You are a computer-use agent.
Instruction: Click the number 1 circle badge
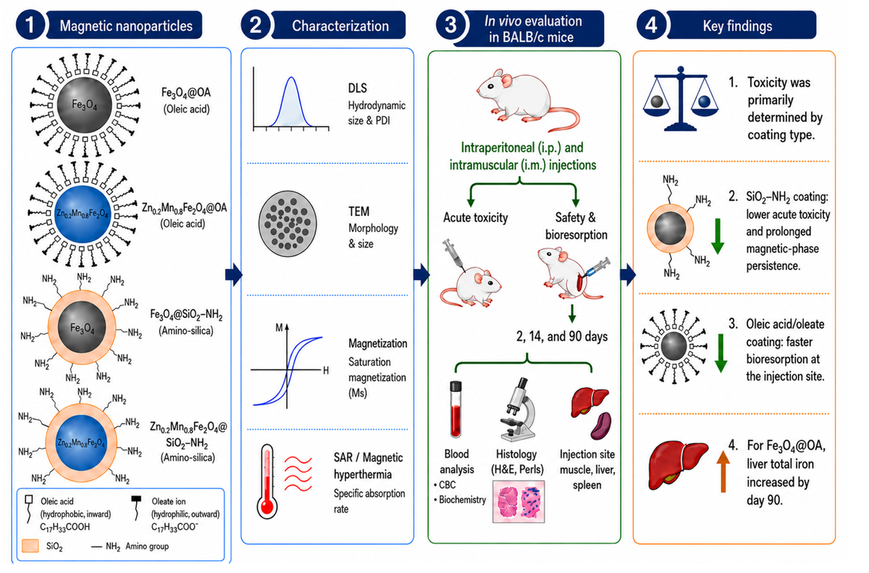[30, 26]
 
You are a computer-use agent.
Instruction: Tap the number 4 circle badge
[651, 26]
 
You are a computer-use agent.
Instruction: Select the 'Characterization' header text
[340, 26]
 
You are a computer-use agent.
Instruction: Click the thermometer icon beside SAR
[267, 482]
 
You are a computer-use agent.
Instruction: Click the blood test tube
[455, 409]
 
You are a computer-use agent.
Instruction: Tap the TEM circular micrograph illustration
[287, 224]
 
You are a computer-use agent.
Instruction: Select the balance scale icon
[681, 99]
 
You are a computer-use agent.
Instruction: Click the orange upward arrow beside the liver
[723, 472]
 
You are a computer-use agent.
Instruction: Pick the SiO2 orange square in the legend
[30, 546]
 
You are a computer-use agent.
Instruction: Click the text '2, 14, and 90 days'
[562, 336]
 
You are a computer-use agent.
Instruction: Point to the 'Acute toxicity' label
[475, 218]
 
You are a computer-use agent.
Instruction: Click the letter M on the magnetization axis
[279, 328]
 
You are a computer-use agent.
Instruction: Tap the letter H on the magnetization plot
[326, 371]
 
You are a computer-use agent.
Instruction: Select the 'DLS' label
[357, 88]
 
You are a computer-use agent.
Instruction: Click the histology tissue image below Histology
[519, 501]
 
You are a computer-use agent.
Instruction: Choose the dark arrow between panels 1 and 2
[234, 275]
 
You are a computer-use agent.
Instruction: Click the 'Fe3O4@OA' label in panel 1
[186, 93]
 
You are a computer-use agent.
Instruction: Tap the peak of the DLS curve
[291, 77]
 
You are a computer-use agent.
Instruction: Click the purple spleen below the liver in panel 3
[601, 425]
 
